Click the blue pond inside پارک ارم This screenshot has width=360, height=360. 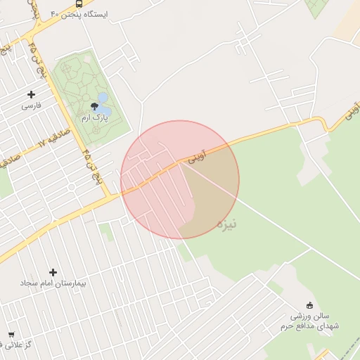pos(103,98)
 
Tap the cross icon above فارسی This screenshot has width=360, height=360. pos(31,94)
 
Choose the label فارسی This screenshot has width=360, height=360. pos(31,105)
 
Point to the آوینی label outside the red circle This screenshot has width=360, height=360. pos(352,112)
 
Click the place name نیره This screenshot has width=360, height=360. pos(226,224)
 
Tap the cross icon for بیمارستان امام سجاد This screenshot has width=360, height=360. pos(53,272)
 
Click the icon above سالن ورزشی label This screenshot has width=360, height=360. pos(309,304)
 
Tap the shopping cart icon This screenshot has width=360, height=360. pos(11,334)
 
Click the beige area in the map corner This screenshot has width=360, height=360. pos(348,21)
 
